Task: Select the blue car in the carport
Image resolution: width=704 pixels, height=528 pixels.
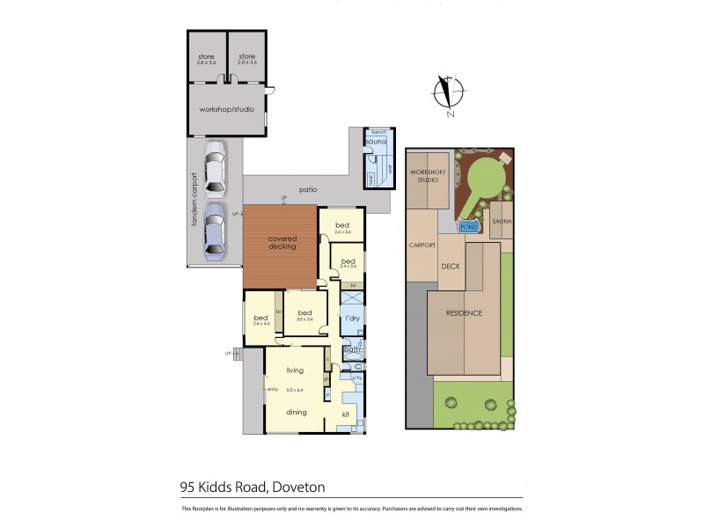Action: pos(215,232)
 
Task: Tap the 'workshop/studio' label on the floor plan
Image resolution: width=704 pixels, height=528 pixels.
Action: pos(225,111)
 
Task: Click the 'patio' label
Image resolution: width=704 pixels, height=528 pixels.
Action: pos(307,189)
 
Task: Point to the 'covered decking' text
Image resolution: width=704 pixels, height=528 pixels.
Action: pos(282,243)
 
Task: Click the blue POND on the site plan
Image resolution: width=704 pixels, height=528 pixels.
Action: pos(469,225)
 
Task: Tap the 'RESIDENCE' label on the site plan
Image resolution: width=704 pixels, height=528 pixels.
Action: pos(464,313)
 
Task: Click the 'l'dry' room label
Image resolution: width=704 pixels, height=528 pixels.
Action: pos(353,318)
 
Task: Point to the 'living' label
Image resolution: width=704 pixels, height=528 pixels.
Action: pos(294,370)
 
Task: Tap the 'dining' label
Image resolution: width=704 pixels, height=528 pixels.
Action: pos(296,411)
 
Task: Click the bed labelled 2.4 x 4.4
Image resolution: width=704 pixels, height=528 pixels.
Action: pos(260,319)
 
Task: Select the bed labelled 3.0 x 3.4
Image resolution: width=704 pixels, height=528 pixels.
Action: pos(305,313)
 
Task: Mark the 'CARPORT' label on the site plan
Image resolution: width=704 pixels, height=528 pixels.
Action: pos(422,246)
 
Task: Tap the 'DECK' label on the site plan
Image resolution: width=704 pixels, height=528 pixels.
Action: pos(451,266)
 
